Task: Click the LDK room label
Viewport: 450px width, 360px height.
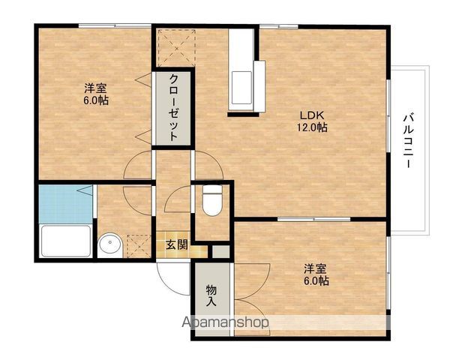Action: click(311, 115)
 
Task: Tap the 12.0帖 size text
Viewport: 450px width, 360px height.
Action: click(311, 127)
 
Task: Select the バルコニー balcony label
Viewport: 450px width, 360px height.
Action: click(409, 139)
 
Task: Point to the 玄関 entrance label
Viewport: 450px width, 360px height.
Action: click(177, 244)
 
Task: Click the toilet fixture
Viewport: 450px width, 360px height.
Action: click(212, 199)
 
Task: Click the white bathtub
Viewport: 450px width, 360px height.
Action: click(65, 241)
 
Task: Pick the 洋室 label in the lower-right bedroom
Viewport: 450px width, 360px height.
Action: click(316, 268)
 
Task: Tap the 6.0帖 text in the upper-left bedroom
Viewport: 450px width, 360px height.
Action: click(95, 100)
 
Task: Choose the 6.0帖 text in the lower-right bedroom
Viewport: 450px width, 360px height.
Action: click(316, 281)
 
